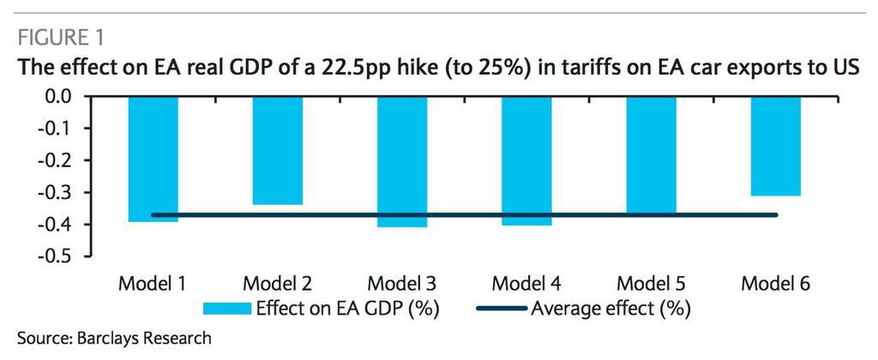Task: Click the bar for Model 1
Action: click(x=154, y=159)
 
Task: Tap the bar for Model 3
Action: click(x=403, y=161)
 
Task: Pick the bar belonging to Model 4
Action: click(x=526, y=160)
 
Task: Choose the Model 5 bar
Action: click(x=652, y=155)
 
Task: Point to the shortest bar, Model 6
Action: click(x=776, y=146)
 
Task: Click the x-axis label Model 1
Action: click(x=155, y=284)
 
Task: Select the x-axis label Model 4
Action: click(x=526, y=284)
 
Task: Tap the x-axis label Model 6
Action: click(x=776, y=284)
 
